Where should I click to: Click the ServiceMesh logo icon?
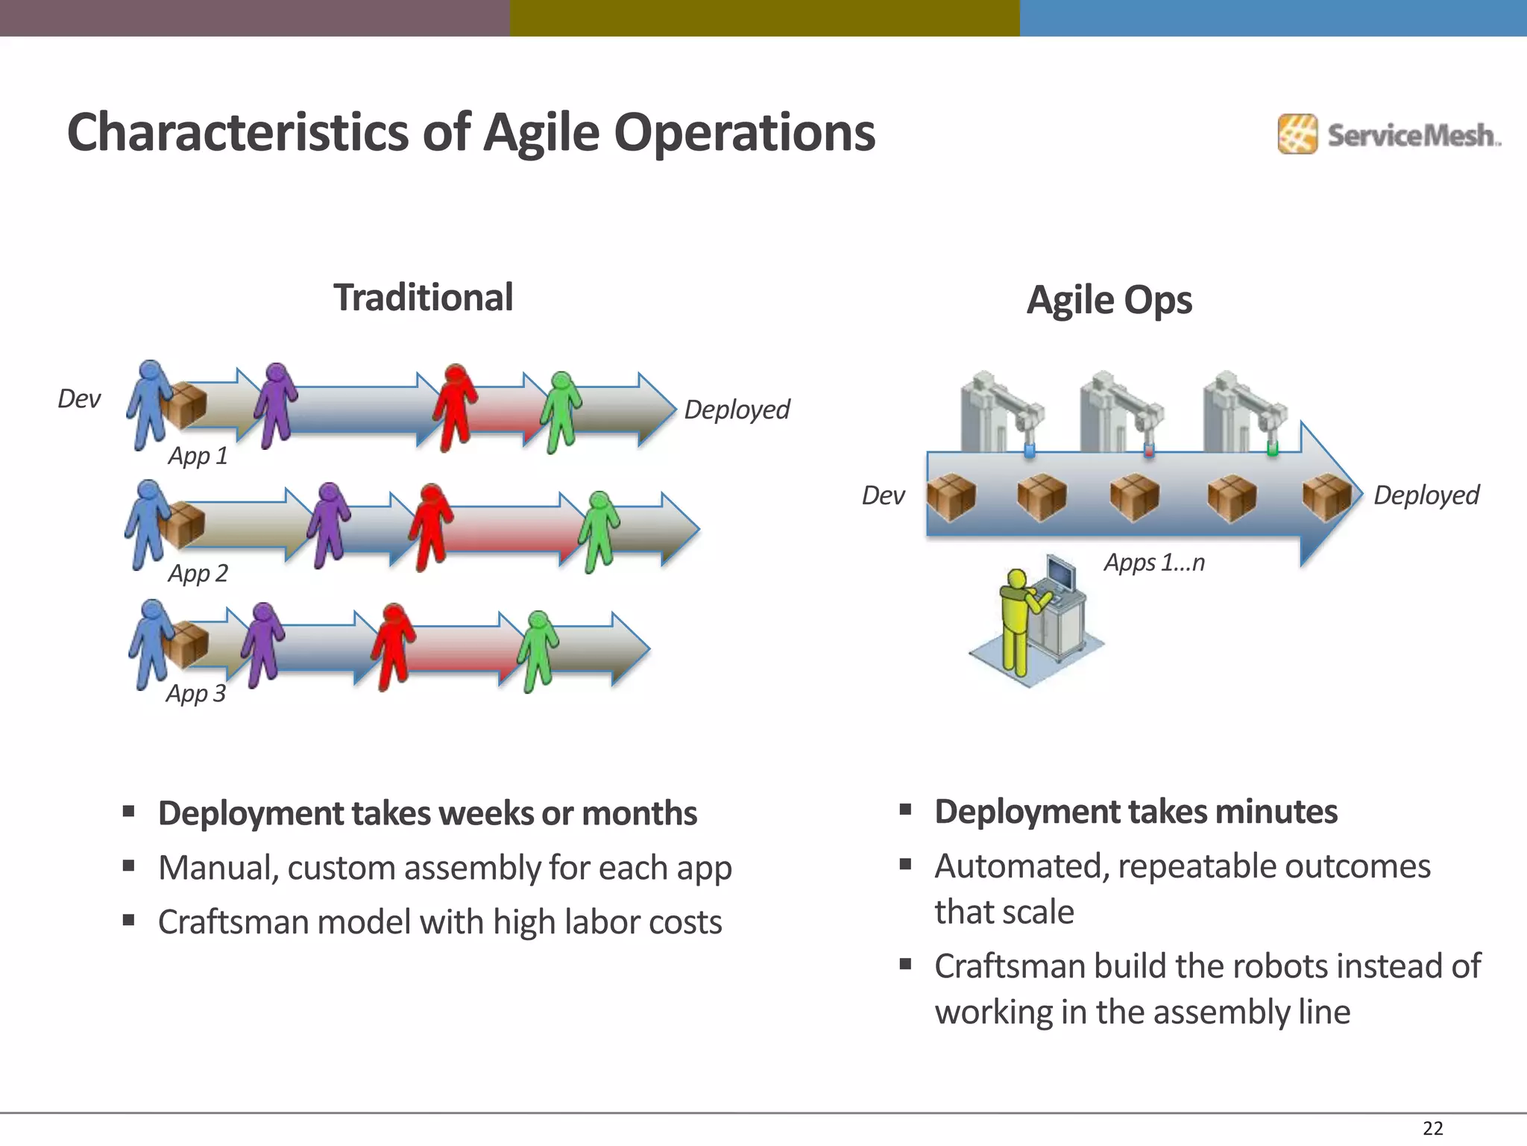1297,134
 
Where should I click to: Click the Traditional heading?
423,298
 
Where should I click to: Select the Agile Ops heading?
1109,301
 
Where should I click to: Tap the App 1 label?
198,456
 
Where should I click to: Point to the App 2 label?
198,574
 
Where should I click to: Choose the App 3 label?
195,694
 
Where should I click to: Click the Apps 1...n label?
1154,563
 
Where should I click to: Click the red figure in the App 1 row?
455,407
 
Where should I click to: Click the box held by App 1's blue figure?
184,405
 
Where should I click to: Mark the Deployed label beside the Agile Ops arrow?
1426,495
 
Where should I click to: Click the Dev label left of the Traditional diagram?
78,399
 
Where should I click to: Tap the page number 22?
1432,1128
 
